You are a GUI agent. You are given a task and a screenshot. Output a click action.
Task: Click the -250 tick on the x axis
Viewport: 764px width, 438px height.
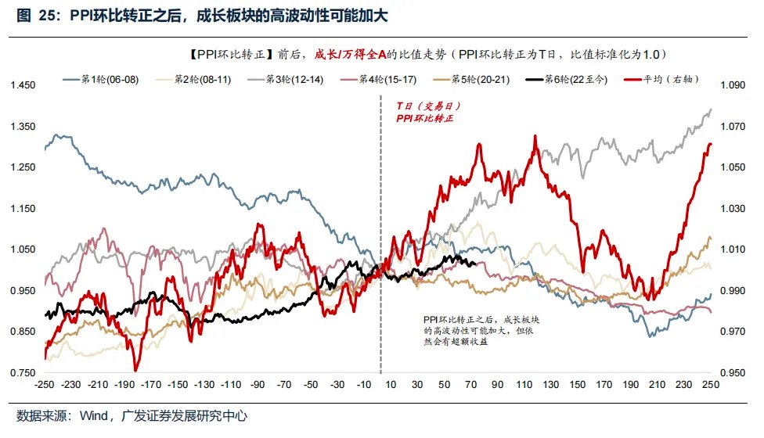(45, 386)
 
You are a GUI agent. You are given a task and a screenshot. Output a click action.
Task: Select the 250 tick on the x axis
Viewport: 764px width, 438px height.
(710, 386)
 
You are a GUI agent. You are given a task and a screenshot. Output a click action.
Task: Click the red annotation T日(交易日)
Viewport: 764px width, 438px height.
(422, 105)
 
